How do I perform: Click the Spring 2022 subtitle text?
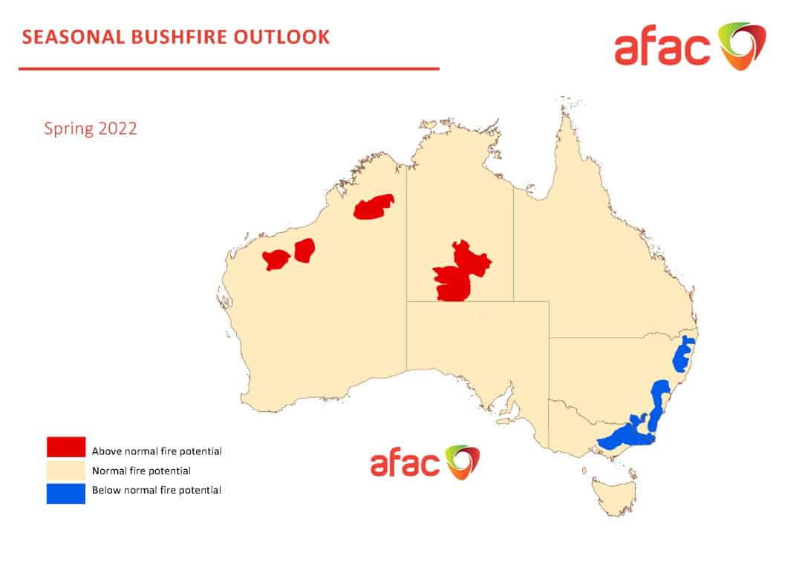coord(91,128)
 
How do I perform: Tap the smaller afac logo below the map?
coord(425,463)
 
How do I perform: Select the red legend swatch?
coord(66,447)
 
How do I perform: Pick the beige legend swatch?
coord(66,471)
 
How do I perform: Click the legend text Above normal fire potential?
coord(157,451)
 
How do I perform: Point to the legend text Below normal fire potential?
coord(157,490)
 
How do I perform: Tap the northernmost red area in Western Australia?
coord(374,207)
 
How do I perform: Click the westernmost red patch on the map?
coord(276,259)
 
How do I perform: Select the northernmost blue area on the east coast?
coord(683,354)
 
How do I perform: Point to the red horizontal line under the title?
coord(229,69)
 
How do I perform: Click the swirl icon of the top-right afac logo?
coord(740,46)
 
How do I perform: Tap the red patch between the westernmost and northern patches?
coord(304,249)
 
